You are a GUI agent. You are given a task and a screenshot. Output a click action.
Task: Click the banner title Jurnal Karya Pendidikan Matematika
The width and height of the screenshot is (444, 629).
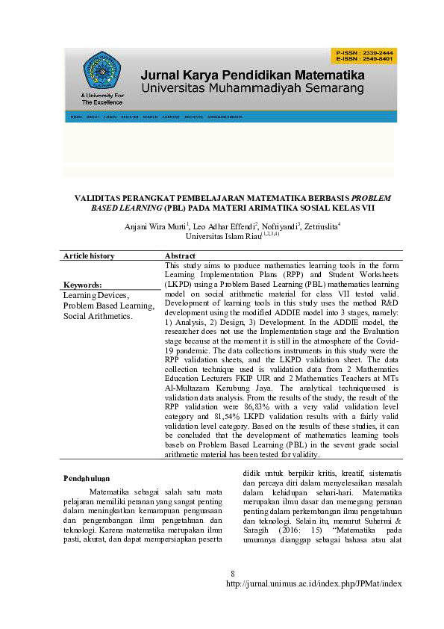252,76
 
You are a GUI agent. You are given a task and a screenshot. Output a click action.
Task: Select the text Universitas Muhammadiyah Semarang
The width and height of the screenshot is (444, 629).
252,89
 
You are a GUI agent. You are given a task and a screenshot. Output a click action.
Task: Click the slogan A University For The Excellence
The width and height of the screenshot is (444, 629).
102,99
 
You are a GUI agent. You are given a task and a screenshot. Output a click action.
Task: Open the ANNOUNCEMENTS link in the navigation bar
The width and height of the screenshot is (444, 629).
225,117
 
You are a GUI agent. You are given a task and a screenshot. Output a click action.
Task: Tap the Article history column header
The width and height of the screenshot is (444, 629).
89,255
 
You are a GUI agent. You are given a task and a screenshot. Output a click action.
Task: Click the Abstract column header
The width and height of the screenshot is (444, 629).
180,255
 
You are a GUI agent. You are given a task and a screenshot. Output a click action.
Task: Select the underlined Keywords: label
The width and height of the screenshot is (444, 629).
82,285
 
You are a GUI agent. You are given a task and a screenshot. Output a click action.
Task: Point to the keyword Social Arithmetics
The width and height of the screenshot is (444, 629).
98,316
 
